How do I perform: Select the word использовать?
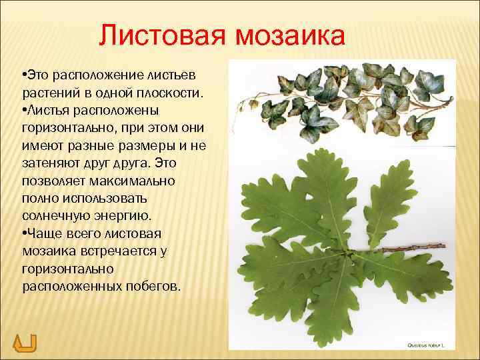point(94,199)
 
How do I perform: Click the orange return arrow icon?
point(25,343)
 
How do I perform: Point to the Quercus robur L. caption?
point(427,345)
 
